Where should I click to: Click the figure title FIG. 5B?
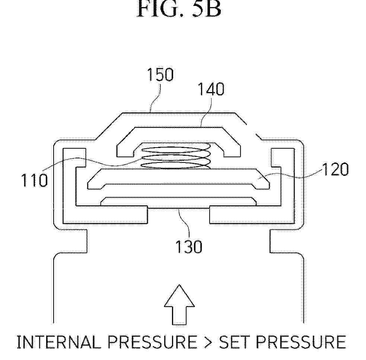[x=179, y=9]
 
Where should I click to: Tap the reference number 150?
[x=160, y=75]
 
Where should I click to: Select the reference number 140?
[x=211, y=89]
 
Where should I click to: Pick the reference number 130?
[x=189, y=247]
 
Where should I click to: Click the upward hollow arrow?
[x=179, y=304]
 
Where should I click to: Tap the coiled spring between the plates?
[x=175, y=156]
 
